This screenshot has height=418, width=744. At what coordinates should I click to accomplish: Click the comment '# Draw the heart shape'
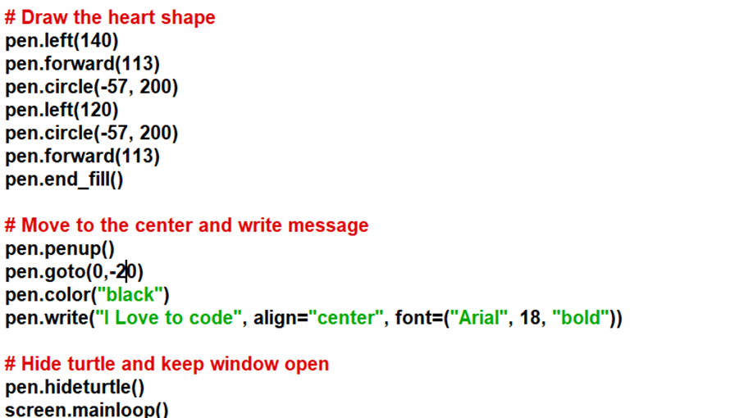(110, 17)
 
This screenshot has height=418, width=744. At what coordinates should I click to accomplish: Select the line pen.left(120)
(62, 109)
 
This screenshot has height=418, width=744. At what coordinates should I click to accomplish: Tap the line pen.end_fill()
(64, 179)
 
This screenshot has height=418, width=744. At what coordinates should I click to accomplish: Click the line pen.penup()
(60, 248)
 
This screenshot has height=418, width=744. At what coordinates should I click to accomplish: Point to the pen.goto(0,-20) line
(74, 271)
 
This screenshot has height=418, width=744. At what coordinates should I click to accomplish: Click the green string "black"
(131, 294)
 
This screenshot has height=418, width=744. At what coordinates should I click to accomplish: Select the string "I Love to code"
(168, 318)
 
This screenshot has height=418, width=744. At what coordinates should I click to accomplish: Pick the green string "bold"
(582, 318)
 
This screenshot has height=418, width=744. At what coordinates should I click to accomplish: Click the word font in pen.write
(412, 318)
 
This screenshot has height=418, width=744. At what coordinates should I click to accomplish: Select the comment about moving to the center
(186, 225)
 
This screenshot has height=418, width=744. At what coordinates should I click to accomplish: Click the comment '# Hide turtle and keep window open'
(167, 364)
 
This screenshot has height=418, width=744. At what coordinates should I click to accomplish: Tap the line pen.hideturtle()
(75, 387)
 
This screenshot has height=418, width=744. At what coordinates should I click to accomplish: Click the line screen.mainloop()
(86, 409)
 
